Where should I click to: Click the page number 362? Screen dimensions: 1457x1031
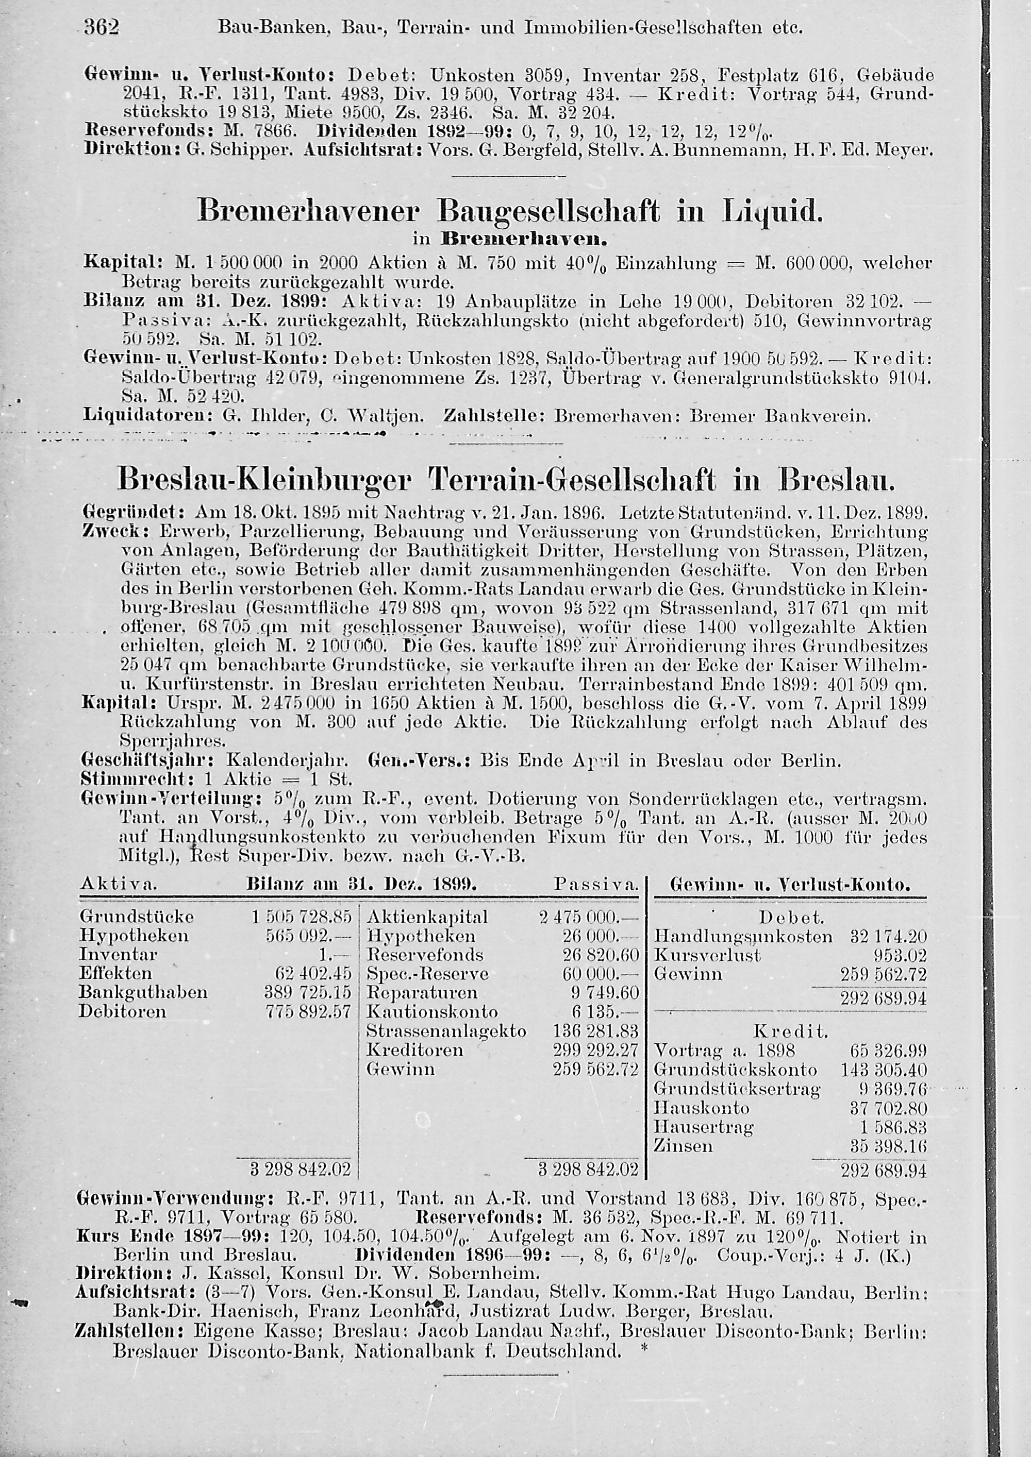click(x=102, y=28)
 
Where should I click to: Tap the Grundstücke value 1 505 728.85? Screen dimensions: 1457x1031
click(x=302, y=917)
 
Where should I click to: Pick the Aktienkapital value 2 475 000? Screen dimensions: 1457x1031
click(x=587, y=917)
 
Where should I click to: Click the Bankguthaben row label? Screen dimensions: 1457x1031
click(x=143, y=992)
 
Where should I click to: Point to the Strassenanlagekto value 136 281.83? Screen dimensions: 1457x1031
click(x=595, y=1030)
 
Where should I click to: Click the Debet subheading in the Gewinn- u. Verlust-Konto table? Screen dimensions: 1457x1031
click(x=790, y=918)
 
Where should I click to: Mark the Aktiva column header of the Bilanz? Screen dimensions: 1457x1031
click(x=119, y=884)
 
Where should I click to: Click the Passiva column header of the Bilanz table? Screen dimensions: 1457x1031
click(x=595, y=884)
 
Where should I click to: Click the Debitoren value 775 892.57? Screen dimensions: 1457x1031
click(x=308, y=1011)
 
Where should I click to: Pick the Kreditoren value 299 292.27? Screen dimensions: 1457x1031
click(x=595, y=1049)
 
